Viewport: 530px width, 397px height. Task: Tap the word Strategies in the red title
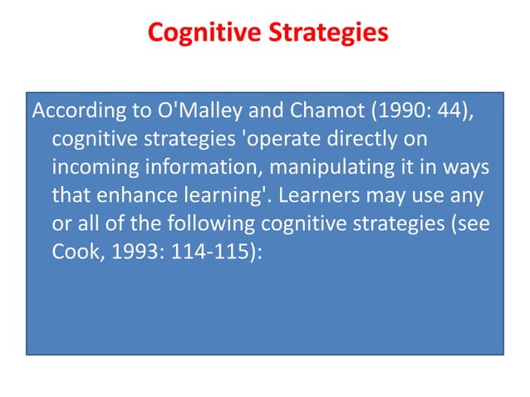click(326, 34)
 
